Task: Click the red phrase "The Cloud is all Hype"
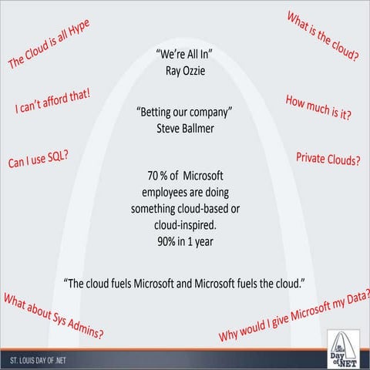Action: click(x=49, y=45)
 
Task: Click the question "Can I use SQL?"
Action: click(x=39, y=157)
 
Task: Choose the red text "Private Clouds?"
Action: click(x=328, y=158)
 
